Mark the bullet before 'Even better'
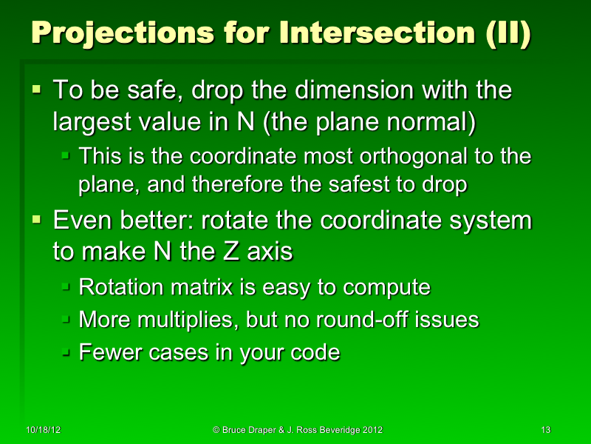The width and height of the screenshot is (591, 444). point(37,221)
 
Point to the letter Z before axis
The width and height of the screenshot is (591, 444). point(228,252)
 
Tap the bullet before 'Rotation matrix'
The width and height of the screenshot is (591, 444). point(66,286)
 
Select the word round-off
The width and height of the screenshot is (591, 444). point(357,320)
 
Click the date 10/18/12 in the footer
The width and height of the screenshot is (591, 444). point(42,430)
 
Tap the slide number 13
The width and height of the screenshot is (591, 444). point(547,430)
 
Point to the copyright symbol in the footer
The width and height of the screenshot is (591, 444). point(216,430)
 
